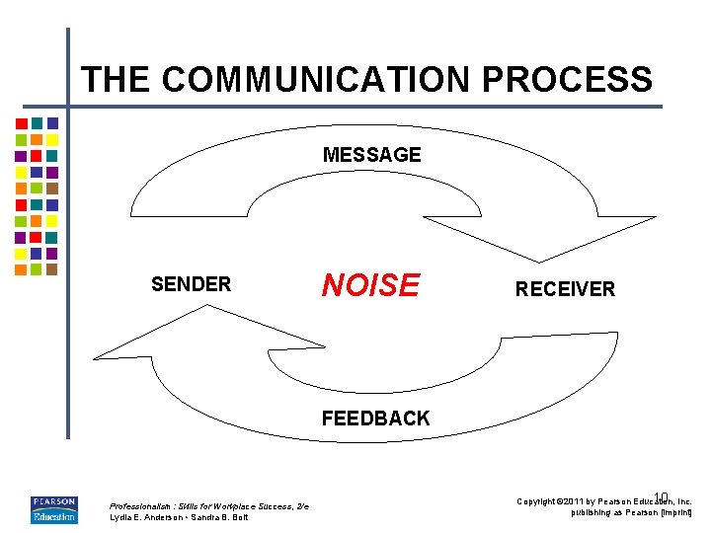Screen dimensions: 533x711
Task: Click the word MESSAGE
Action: point(371,155)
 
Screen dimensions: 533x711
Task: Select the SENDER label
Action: point(191,285)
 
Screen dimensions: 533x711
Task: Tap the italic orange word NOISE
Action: point(370,285)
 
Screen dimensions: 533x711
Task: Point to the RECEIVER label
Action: point(565,289)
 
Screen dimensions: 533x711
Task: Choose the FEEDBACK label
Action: point(375,419)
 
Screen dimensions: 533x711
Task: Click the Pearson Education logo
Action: point(53,509)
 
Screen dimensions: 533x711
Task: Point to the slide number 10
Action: point(661,496)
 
